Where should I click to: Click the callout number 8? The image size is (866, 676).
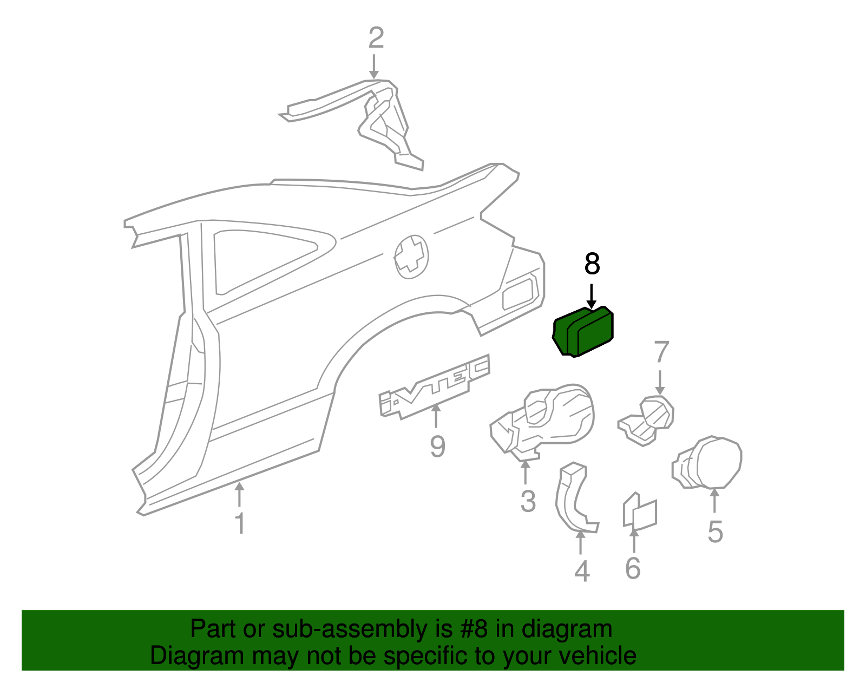click(592, 264)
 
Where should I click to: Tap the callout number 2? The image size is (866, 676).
click(376, 38)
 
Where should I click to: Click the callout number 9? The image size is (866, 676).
click(437, 447)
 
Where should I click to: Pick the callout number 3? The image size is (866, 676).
click(528, 501)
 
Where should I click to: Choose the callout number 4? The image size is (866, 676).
click(581, 571)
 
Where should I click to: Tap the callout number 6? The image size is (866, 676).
click(633, 568)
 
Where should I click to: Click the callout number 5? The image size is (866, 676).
click(715, 531)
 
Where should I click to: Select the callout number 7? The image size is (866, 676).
click(661, 352)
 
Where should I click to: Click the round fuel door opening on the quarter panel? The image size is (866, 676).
click(411, 257)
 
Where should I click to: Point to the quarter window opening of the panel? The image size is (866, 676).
click(260, 260)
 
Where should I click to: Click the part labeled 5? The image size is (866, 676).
click(709, 463)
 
